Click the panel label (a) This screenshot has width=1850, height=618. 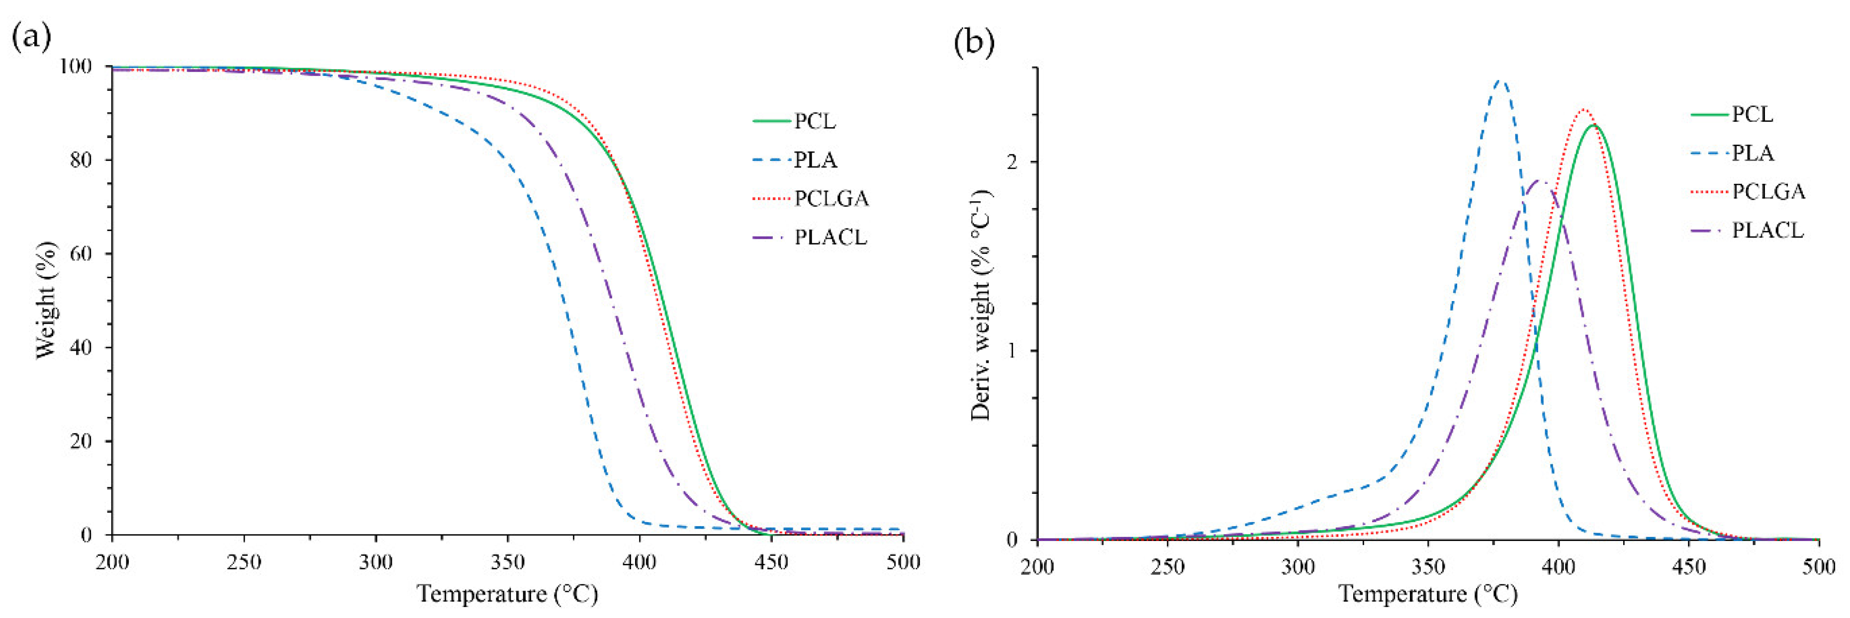(x=32, y=36)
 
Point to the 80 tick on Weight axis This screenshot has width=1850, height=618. (x=81, y=159)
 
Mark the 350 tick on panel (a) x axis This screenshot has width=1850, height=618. (x=507, y=562)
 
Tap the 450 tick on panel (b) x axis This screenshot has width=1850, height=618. (x=1688, y=567)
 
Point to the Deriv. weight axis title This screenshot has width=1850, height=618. (x=981, y=305)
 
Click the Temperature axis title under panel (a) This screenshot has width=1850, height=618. (x=507, y=594)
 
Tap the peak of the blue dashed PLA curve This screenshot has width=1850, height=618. (x=1499, y=80)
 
